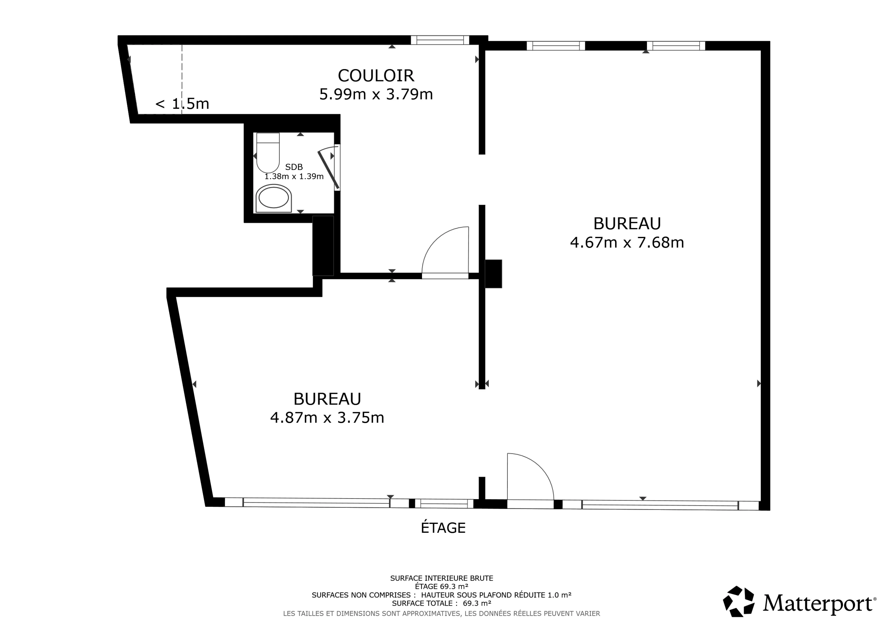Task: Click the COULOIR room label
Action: [x=376, y=76]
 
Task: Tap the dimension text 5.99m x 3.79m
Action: [x=376, y=94]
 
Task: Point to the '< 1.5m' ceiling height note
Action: [x=182, y=104]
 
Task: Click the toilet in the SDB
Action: [x=268, y=153]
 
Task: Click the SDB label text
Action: [x=294, y=167]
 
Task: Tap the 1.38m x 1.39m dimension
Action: [x=294, y=176]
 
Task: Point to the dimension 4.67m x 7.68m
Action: [x=627, y=242]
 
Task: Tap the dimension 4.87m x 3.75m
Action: [x=327, y=417]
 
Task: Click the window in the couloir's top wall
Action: [x=440, y=40]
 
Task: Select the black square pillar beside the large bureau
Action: [x=494, y=274]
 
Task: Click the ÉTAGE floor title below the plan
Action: [x=443, y=528]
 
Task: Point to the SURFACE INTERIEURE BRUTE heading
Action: [x=442, y=578]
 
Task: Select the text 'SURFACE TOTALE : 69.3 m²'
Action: [x=442, y=603]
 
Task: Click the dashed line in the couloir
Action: [x=182, y=79]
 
